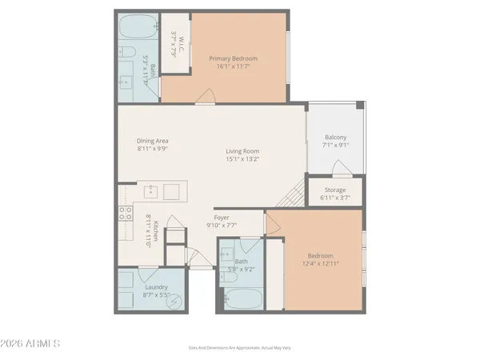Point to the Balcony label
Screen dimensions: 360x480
[335, 136]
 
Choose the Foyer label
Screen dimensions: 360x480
[222, 217]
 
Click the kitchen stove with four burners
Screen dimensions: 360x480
[126, 214]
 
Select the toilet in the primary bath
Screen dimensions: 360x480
[126, 53]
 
